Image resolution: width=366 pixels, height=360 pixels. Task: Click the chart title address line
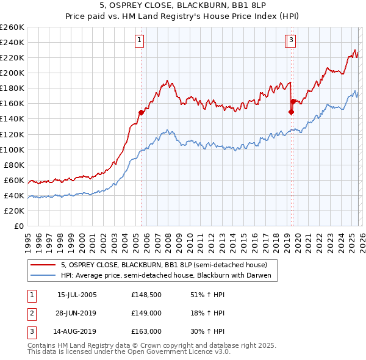pos(182,7)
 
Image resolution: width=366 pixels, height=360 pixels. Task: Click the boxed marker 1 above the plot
pos(140,41)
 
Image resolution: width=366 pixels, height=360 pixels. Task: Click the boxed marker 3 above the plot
pos(292,41)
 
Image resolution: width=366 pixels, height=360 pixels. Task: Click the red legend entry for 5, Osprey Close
pos(163,265)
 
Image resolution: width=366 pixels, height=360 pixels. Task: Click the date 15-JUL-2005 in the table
pos(76,295)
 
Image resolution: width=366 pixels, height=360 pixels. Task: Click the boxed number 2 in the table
pos(31,313)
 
